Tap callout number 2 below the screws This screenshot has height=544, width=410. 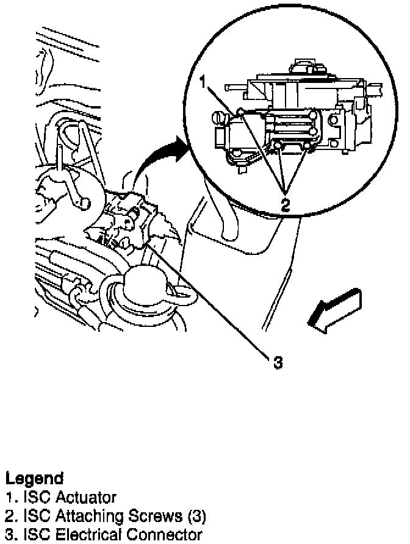(285, 205)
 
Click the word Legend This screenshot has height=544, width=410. (34, 478)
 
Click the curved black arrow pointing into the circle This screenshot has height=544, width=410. (156, 159)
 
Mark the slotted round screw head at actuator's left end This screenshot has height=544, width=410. (219, 115)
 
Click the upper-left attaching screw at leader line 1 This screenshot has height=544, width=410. (242, 112)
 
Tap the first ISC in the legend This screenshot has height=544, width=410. (32, 498)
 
